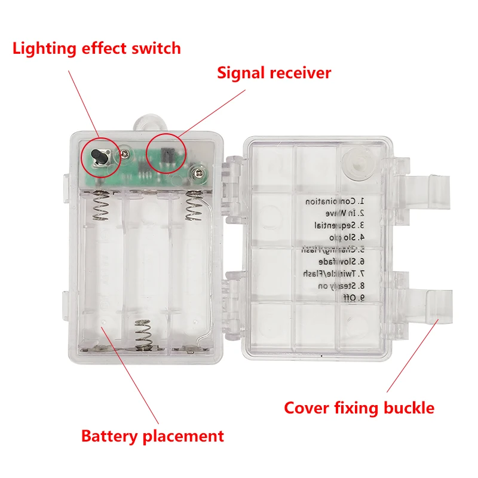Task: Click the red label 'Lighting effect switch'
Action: pyautogui.click(x=96, y=48)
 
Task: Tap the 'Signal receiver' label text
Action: pyautogui.click(x=274, y=73)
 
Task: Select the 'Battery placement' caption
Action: pyautogui.click(x=152, y=436)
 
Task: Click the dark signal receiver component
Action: pyautogui.click(x=168, y=155)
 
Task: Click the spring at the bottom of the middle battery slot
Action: pyautogui.click(x=143, y=335)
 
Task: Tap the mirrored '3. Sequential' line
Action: pyautogui.click(x=332, y=225)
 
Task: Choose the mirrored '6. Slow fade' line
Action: pyautogui.click(x=333, y=261)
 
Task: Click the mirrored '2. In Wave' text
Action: pyautogui.click(x=338, y=213)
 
